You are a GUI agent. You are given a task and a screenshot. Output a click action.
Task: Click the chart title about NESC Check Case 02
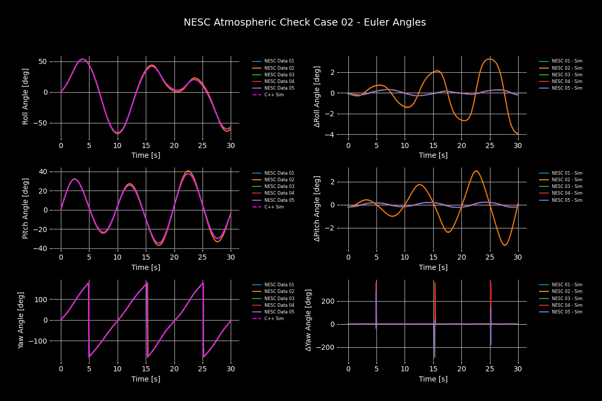tap(304, 23)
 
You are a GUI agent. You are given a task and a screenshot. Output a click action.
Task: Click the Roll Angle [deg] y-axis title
tap(26, 96)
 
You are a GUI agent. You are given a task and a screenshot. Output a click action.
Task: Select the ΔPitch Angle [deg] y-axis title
tap(317, 208)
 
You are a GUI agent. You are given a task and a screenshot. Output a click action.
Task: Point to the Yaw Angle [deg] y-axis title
tap(21, 320)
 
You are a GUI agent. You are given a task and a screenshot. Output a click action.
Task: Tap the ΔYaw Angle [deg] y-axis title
tap(308, 320)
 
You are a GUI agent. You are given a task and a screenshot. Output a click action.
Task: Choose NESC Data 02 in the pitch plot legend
tap(279, 180)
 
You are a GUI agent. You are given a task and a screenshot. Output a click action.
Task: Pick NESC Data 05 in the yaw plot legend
tap(279, 312)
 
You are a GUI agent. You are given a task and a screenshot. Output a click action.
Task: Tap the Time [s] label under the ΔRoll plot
tap(433, 155)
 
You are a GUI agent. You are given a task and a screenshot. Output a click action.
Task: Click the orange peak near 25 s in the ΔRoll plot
tap(489, 59)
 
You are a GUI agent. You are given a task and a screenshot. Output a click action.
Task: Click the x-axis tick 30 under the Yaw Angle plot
tap(231, 368)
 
